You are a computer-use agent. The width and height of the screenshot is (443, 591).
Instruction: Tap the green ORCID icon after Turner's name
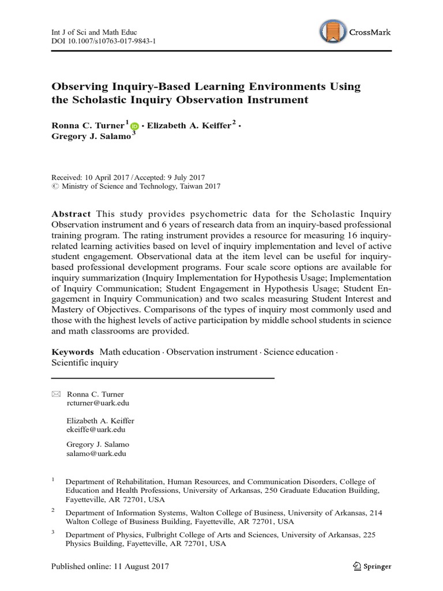tap(135, 126)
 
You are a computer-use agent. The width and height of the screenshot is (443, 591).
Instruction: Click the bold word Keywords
tap(73, 351)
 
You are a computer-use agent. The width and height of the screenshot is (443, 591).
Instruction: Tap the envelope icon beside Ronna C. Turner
tap(55, 394)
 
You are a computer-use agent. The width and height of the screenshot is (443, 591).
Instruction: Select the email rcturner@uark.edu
tap(96, 403)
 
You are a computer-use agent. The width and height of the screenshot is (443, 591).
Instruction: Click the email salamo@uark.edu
tap(96, 454)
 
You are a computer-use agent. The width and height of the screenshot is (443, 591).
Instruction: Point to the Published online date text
tap(110, 566)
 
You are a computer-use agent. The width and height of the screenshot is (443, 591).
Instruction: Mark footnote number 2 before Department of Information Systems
tap(53, 510)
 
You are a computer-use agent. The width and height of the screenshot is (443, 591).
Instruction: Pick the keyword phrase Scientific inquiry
tap(85, 363)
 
